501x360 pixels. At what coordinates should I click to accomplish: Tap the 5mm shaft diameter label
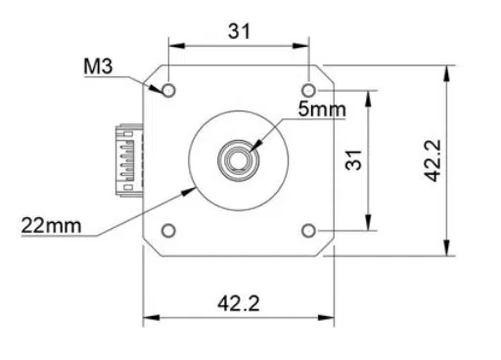point(322,109)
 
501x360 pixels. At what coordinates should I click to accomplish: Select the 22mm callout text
point(50,225)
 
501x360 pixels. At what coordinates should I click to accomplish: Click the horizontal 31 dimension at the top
point(239,30)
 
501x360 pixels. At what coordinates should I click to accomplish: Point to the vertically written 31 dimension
point(354,160)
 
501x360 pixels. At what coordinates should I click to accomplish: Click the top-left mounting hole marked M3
point(168,90)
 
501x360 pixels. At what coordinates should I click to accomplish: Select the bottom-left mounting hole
point(168,231)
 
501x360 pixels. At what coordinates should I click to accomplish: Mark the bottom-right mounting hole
point(309,231)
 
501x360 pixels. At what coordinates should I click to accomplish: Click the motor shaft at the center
point(239,159)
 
